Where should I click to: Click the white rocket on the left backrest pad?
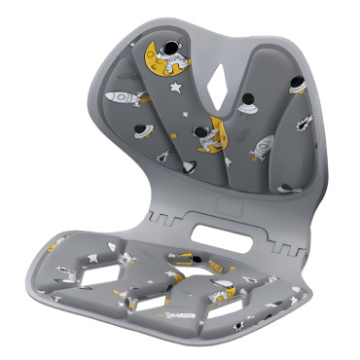coord(125,98)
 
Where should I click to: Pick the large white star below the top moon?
coord(176,89)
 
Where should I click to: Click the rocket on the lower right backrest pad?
coord(262,149)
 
